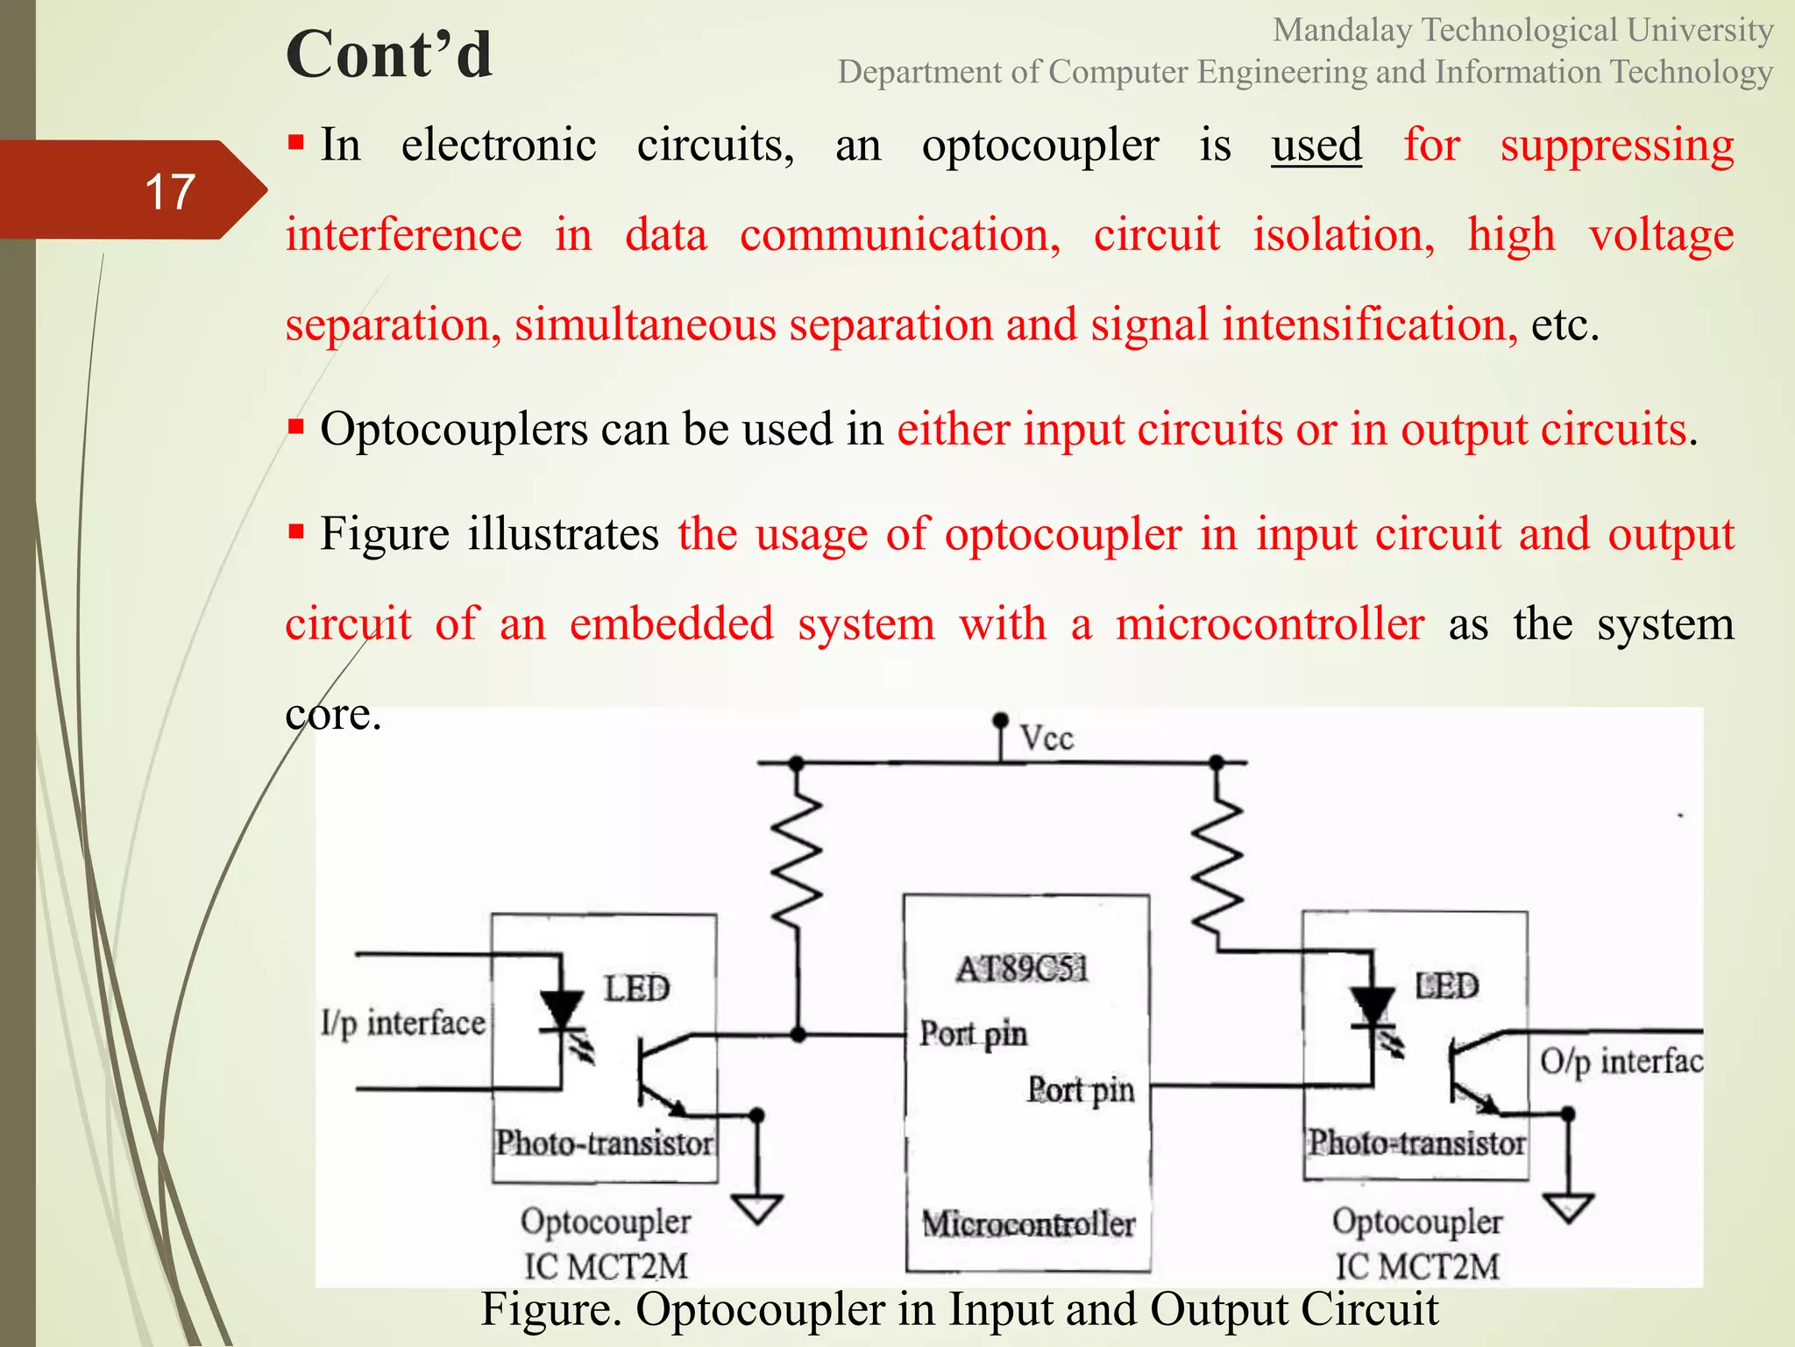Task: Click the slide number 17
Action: pos(169,191)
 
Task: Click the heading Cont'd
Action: pos(389,54)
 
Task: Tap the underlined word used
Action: pos(1316,145)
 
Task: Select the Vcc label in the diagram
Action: pos(1046,738)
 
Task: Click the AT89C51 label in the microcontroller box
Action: pos(1022,969)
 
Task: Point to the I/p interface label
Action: pos(402,1023)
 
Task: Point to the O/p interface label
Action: pos(1621,1061)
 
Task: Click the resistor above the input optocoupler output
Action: pos(797,859)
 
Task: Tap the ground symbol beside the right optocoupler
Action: pos(1569,1208)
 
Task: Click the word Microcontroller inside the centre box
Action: pos(1028,1223)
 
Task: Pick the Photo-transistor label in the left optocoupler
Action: pos(605,1143)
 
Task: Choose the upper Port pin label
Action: pos(973,1034)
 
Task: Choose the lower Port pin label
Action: pos(1081,1090)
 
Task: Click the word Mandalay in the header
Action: pos(1342,31)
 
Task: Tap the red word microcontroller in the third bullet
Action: pos(1270,624)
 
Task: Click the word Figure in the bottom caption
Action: pos(550,1309)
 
